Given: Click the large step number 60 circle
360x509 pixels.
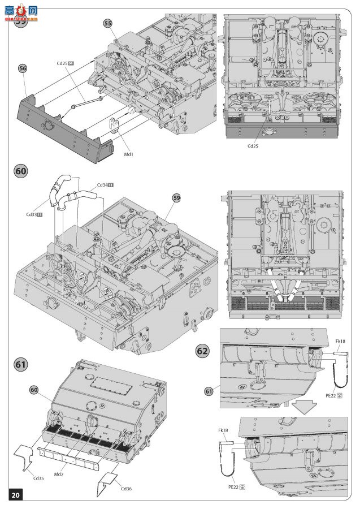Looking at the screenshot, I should [20, 171].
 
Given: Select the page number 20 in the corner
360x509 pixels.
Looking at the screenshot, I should [15, 495].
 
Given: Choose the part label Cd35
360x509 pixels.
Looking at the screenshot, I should [38, 478].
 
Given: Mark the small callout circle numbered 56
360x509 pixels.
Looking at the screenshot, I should [23, 68].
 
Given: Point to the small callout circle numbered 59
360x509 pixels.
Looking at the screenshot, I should [177, 197].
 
